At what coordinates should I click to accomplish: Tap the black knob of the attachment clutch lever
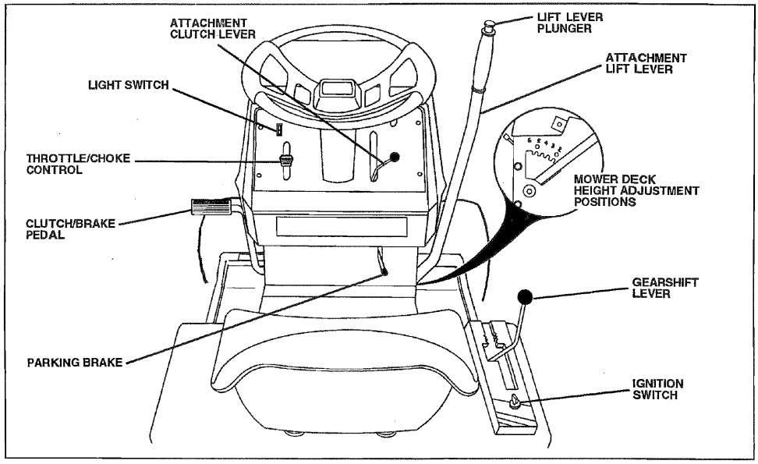pos(395,157)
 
